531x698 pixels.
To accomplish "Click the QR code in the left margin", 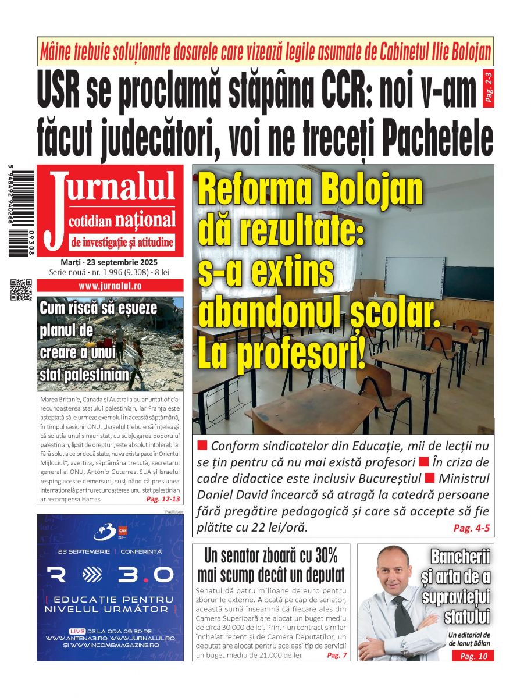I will tap(21, 290).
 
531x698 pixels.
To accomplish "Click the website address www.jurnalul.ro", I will tap(110, 286).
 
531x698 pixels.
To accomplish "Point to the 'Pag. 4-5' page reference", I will tap(471, 529).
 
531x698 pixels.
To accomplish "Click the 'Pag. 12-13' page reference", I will tap(163, 499).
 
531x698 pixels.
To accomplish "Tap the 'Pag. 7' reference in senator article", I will tap(337, 655).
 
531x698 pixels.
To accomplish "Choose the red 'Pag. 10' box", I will tap(473, 656).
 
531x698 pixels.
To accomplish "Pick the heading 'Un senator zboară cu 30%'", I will tap(270, 555).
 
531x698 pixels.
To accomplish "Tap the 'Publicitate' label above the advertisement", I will tap(174, 512).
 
